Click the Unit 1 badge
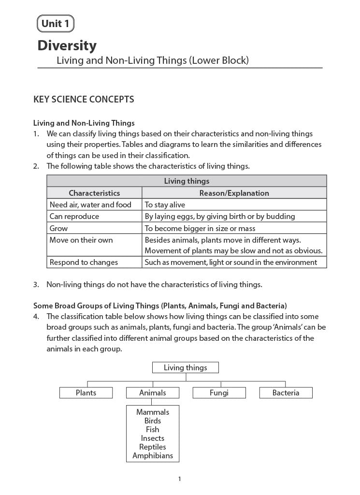(55, 23)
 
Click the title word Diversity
(67, 46)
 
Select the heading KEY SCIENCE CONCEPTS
(83, 100)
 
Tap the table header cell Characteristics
(94, 193)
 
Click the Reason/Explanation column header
(234, 193)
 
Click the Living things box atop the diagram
(185, 368)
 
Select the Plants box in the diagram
(86, 393)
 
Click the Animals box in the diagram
(153, 393)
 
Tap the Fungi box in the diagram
(219, 393)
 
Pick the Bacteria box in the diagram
(286, 393)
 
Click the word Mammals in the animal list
(153, 412)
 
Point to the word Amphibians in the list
(153, 455)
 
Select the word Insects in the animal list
(153, 438)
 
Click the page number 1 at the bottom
(179, 479)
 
